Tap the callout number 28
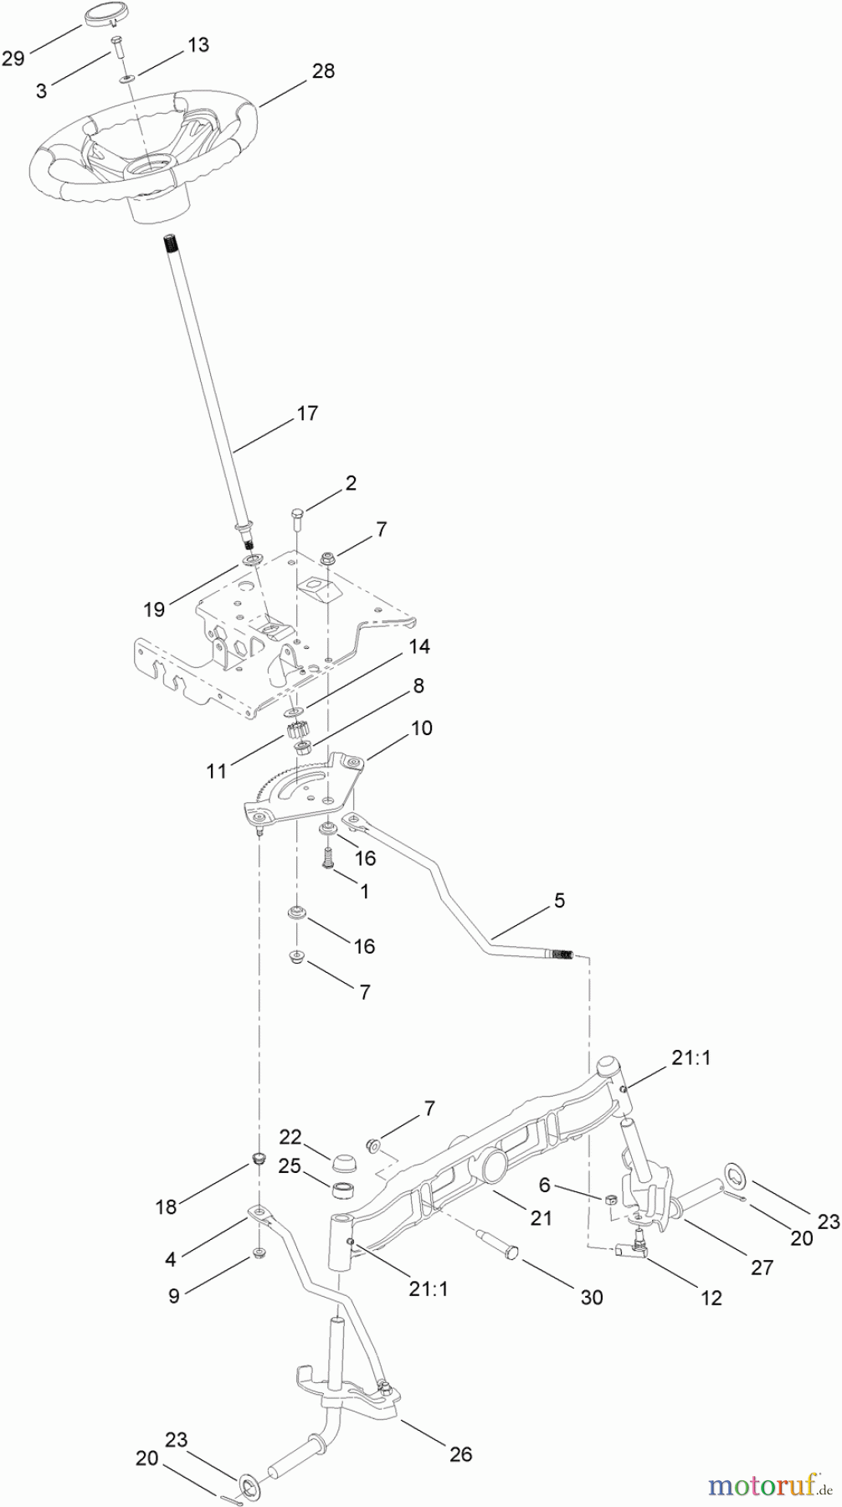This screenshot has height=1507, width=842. (x=322, y=71)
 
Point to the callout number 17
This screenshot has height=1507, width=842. (x=307, y=413)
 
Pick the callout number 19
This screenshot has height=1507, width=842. (x=154, y=609)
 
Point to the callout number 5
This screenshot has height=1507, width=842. (x=559, y=901)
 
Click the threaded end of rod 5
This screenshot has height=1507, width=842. (x=562, y=954)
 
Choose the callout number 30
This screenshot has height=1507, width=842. (x=591, y=1297)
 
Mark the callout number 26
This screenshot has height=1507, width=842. (x=460, y=1431)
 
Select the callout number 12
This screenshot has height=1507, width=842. (x=711, y=1298)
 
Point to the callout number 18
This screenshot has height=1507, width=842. (x=166, y=1206)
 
